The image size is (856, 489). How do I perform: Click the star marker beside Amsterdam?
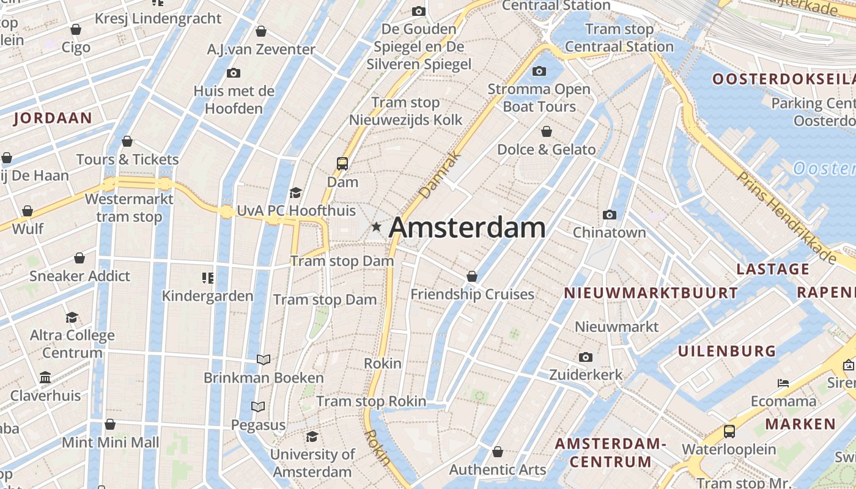tap(376, 227)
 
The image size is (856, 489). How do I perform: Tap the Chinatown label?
tap(609, 232)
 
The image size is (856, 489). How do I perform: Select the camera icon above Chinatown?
tap(609, 215)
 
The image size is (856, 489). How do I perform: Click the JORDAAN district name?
tap(53, 119)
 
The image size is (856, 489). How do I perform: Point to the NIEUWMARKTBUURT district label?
tap(651, 293)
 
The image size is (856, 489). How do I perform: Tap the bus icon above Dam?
tap(342, 164)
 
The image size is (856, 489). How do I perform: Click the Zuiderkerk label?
tap(585, 374)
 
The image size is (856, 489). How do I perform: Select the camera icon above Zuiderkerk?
tap(585, 357)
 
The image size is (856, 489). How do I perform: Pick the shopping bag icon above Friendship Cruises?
tap(472, 277)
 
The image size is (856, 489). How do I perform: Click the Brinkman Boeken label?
tap(264, 378)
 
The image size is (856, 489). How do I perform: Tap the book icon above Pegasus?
tap(259, 406)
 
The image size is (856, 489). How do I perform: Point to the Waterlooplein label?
tap(729, 449)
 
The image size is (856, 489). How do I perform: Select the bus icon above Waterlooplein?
tap(729, 432)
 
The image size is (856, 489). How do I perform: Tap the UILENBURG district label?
tap(726, 351)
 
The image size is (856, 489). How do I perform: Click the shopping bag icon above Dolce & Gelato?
tap(546, 132)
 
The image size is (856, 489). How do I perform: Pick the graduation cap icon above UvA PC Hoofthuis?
tap(296, 193)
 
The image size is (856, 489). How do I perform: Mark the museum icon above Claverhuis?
tap(45, 378)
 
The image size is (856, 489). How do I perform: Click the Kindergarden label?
tap(207, 296)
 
